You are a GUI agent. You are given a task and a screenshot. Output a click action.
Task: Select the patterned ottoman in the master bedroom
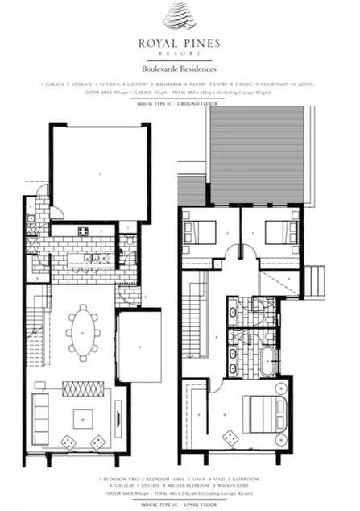(234, 438)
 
